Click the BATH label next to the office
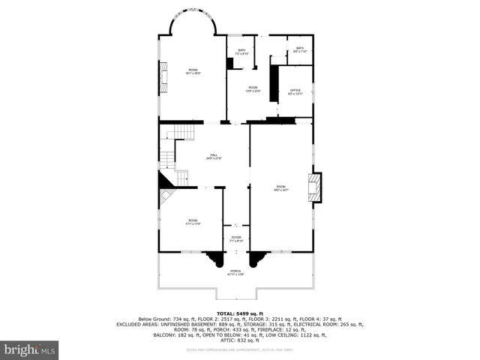click(x=299, y=50)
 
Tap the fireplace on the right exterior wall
click(x=315, y=187)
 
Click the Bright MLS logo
click(x=30, y=349)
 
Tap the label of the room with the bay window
click(x=193, y=71)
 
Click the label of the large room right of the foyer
click(x=280, y=188)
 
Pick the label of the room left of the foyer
click(x=192, y=221)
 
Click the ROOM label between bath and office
click(x=253, y=89)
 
